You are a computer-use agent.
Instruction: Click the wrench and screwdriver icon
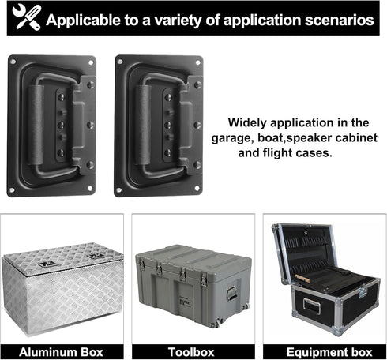click(27, 17)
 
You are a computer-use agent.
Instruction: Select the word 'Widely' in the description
click(247, 123)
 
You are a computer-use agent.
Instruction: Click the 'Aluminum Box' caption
click(61, 352)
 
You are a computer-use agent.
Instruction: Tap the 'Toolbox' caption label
click(191, 352)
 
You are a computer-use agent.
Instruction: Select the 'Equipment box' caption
click(329, 352)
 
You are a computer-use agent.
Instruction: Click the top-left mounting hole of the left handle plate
click(13, 62)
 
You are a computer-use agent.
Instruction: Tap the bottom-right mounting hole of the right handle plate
click(197, 188)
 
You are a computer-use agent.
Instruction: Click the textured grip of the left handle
click(36, 125)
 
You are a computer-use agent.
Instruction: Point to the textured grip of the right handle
click(143, 125)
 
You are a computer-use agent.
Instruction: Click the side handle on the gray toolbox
click(231, 293)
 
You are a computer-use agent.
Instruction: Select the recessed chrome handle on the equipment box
click(312, 306)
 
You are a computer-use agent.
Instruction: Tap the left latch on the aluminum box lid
click(47, 264)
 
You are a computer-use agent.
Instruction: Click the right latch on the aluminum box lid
click(94, 255)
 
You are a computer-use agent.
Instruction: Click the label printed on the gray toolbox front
click(185, 302)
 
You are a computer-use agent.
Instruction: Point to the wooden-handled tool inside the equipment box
click(302, 278)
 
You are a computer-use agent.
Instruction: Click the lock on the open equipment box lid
click(306, 232)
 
